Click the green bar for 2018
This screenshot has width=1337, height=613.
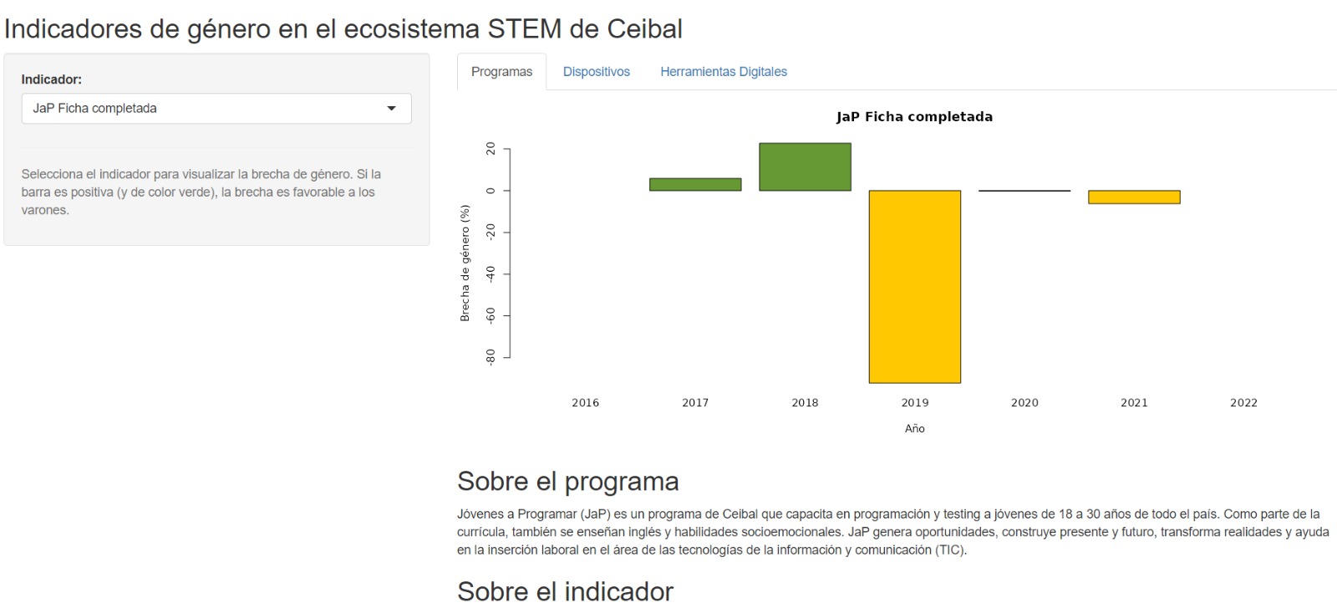[805, 167]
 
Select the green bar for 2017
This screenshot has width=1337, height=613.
[695, 185]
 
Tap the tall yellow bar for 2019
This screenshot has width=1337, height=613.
[914, 287]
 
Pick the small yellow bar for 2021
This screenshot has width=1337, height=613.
[1134, 197]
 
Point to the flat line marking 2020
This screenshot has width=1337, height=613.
[1024, 191]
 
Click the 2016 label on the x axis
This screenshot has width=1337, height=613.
[585, 403]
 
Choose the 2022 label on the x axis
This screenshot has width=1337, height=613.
[1243, 403]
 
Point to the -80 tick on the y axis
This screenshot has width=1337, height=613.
[491, 357]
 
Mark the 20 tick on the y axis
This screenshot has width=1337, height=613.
[491, 149]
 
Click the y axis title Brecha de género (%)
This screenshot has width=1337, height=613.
[465, 263]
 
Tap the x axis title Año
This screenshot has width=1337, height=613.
[914, 429]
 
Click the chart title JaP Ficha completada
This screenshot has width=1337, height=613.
[914, 117]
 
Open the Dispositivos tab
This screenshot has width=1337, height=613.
[596, 72]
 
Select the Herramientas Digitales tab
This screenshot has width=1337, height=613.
[724, 72]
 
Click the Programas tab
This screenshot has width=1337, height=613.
[501, 72]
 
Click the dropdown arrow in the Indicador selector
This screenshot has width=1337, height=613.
[391, 109]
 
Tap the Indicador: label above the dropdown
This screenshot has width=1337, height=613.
[52, 79]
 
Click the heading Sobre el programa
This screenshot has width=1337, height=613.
[567, 482]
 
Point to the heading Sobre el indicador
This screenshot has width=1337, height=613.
[565, 592]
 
